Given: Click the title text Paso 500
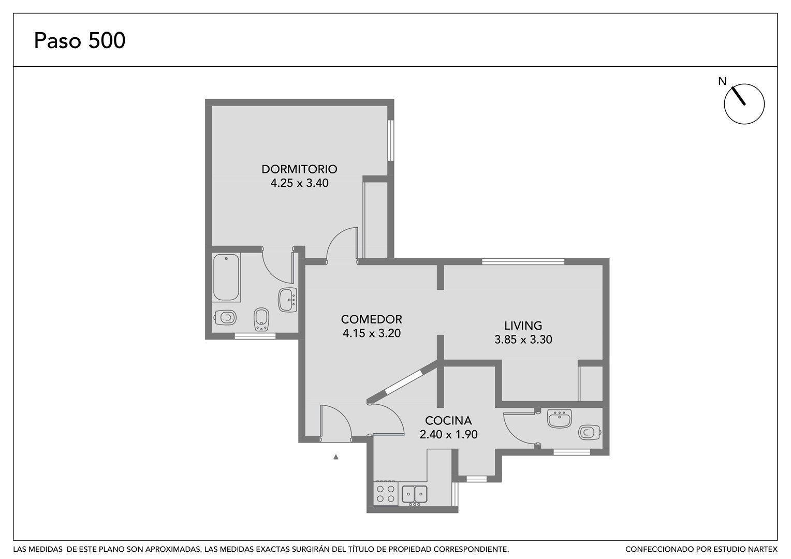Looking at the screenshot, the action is (80, 40).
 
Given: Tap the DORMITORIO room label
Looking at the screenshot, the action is (299, 169).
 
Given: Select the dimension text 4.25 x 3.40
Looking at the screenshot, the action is (299, 183).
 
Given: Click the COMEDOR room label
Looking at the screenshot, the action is (372, 319).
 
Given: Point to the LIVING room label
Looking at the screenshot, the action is (523, 325).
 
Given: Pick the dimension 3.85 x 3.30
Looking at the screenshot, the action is (523, 340).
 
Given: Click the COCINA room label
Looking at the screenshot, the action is (448, 421).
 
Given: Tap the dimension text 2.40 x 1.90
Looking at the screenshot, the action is (448, 434).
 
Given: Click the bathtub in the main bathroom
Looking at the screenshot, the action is (226, 277).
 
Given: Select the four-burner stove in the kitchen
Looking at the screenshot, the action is (386, 494).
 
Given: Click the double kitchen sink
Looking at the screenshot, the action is (415, 494).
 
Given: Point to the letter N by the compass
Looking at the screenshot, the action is (722, 82).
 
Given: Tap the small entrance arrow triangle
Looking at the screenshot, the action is (336, 457).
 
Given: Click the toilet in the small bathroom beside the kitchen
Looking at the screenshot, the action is (589, 432).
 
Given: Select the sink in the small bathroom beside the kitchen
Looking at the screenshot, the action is (560, 418).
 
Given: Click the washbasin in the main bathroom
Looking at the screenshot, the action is (287, 300).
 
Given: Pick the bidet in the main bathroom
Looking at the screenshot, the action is (261, 319).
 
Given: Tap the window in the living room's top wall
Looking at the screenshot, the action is (523, 262).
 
